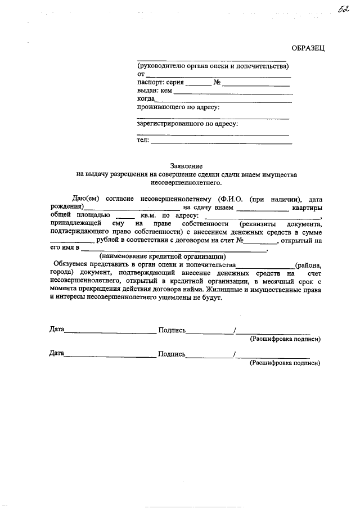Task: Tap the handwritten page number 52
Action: pos(343,11)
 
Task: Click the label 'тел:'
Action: pos(143,140)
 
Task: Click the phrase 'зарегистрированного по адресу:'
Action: pos(188,123)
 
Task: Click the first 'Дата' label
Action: pos(57,330)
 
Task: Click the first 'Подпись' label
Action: pos(172,331)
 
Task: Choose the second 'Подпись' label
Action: pos(172,354)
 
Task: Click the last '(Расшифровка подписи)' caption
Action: pos(285,363)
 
